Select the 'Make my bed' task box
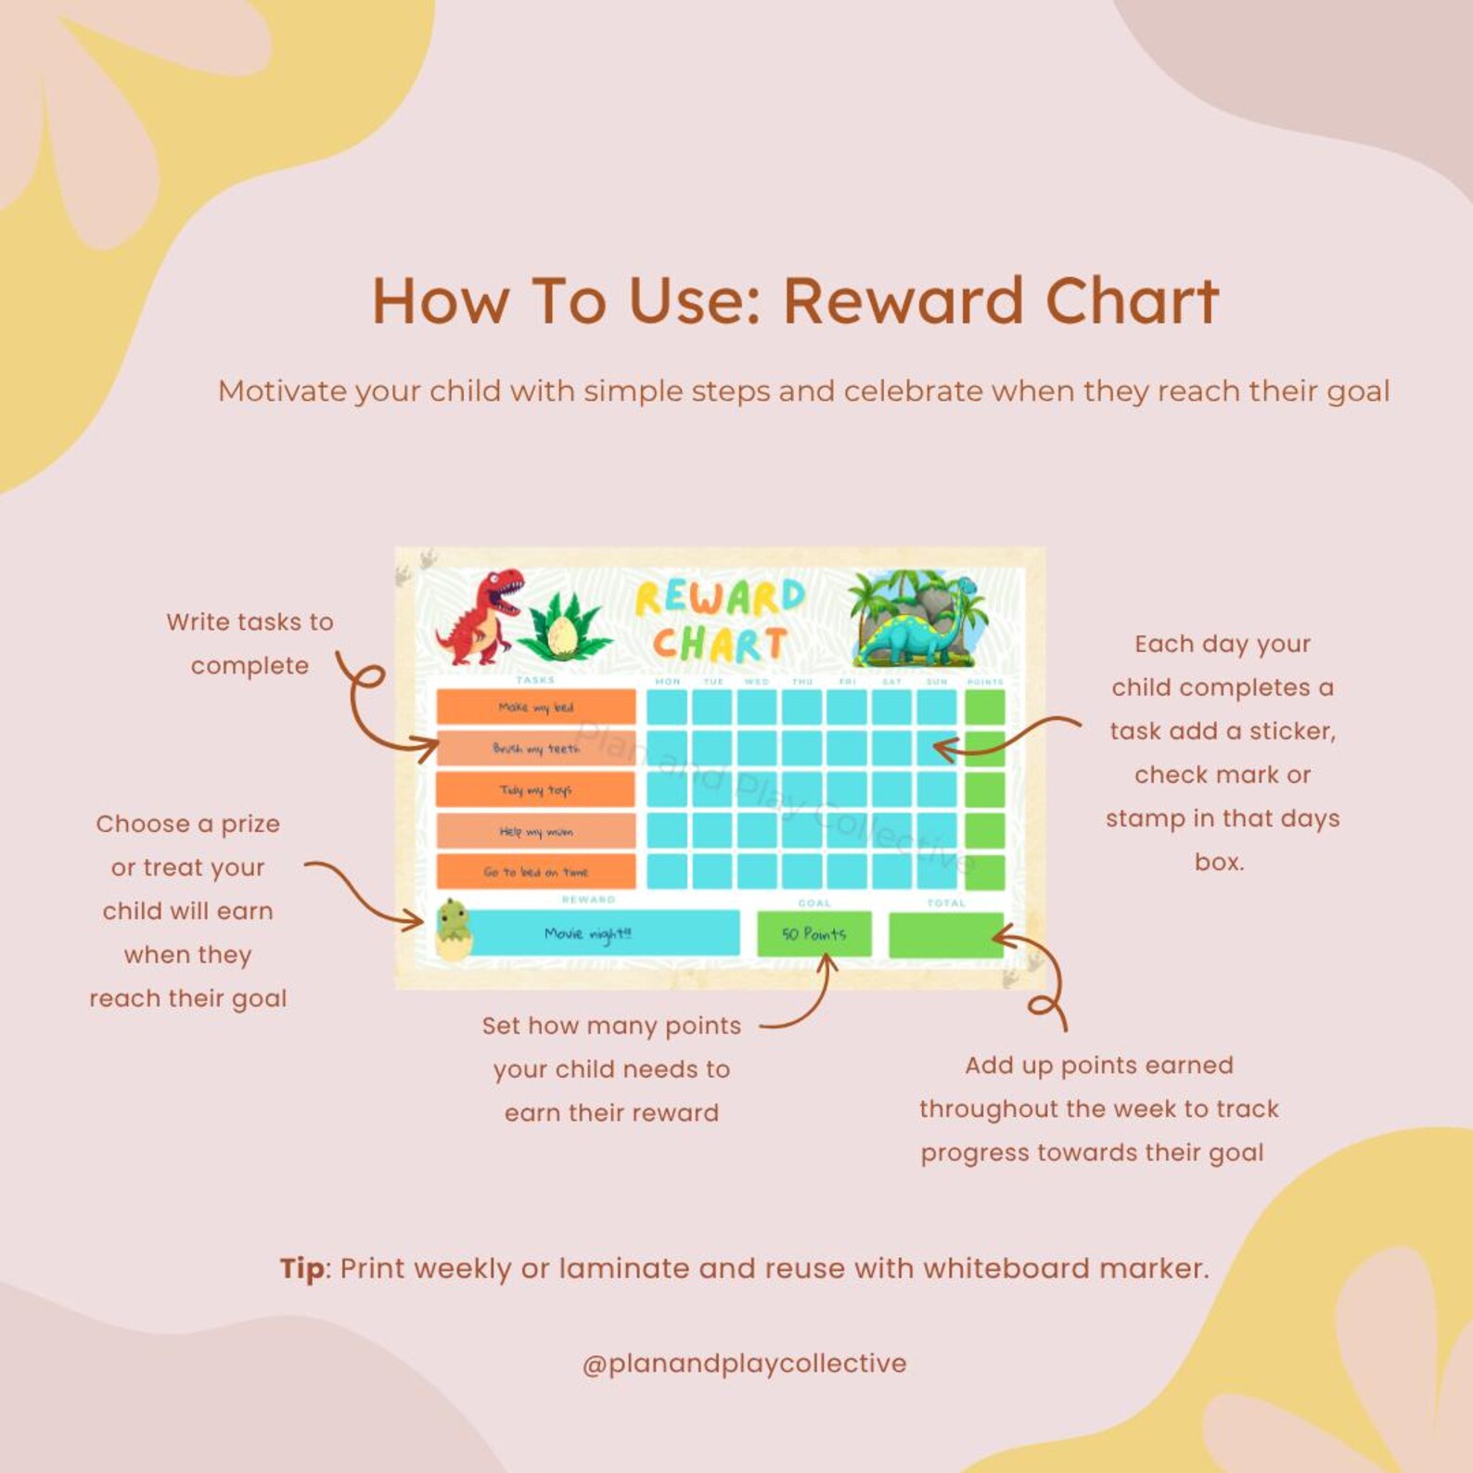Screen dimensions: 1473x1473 pyautogui.click(x=536, y=707)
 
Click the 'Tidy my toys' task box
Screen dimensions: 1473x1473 pyautogui.click(x=536, y=789)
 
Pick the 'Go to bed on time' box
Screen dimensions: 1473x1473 pyautogui.click(x=536, y=872)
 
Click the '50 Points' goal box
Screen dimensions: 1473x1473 pyautogui.click(x=813, y=934)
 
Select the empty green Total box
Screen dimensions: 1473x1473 pyautogui.click(x=945, y=935)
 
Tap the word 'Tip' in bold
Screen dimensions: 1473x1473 pyautogui.click(x=302, y=1268)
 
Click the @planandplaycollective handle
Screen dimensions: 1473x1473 pyautogui.click(x=744, y=1364)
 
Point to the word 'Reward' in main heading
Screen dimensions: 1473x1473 pyautogui.click(x=906, y=301)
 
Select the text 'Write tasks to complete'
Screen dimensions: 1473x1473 pyautogui.click(x=250, y=643)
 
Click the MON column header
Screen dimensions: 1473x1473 pyautogui.click(x=668, y=682)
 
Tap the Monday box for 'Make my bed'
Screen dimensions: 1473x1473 pyautogui.click(x=667, y=707)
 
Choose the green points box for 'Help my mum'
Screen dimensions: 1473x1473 pyautogui.click(x=984, y=830)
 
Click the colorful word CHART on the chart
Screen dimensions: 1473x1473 pyautogui.click(x=719, y=644)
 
